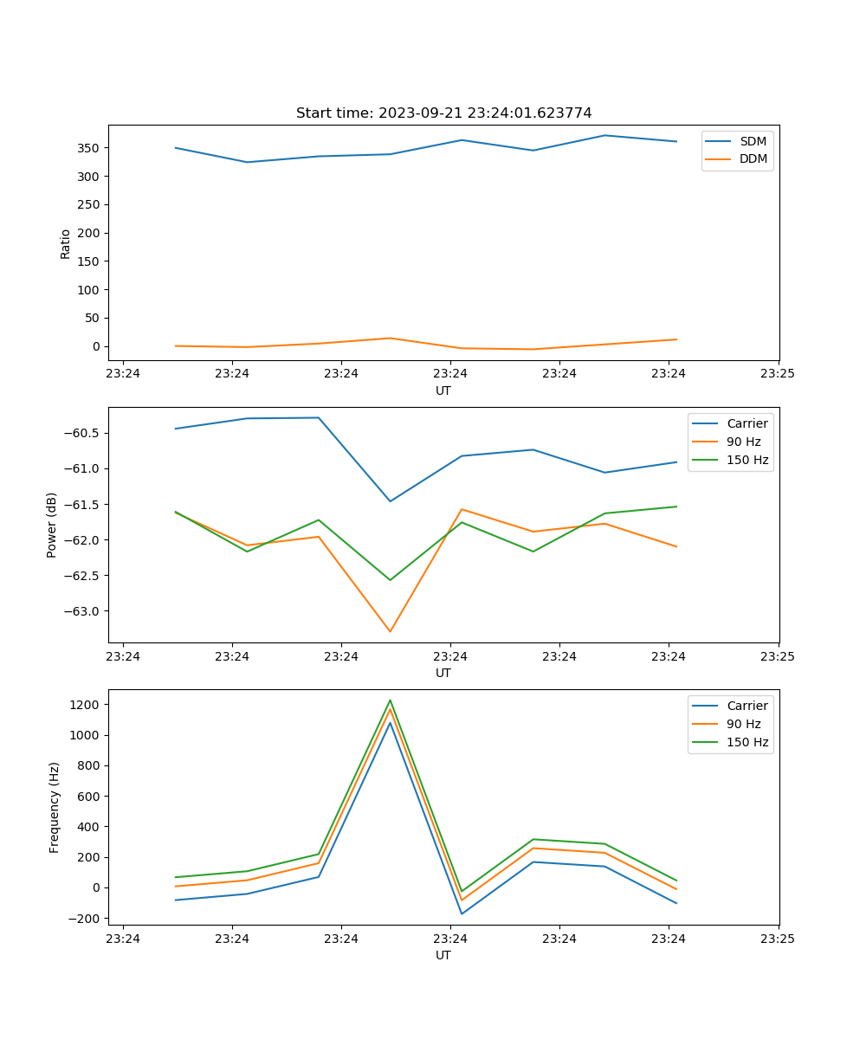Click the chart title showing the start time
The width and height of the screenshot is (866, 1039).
click(443, 113)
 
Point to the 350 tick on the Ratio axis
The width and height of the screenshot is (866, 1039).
click(91, 148)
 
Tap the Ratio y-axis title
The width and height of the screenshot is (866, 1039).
click(66, 243)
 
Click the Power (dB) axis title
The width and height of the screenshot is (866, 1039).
click(52, 525)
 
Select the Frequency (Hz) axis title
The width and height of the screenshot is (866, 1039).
click(54, 807)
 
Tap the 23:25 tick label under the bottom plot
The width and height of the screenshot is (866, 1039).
click(778, 938)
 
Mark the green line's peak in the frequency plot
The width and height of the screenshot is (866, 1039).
click(390, 700)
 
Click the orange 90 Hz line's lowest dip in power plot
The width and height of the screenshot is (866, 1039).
click(390, 631)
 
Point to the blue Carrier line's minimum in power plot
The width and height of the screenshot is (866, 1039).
click(390, 501)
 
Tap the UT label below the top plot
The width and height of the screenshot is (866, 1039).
click(443, 390)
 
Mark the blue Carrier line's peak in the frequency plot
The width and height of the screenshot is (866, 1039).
click(390, 723)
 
